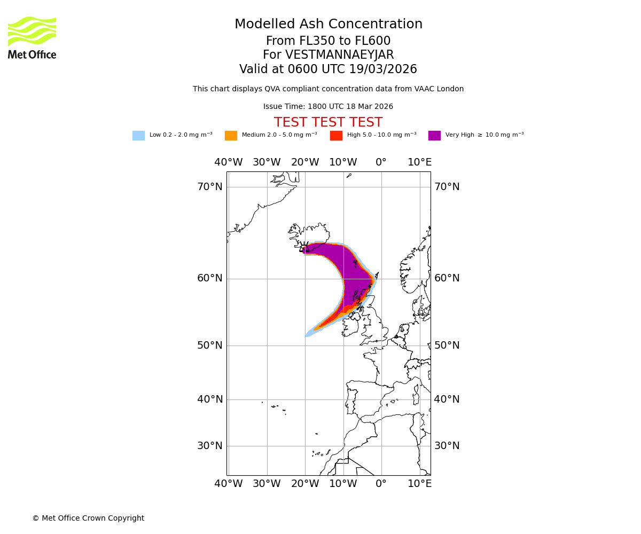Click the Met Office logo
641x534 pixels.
[32, 37]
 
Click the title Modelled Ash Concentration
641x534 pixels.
[329, 25]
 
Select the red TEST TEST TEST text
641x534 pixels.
[328, 123]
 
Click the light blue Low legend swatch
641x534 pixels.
[138, 136]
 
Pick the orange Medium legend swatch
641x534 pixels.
[231, 136]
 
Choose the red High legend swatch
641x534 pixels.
[336, 136]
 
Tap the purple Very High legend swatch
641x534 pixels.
[434, 136]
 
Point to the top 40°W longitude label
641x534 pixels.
[228, 162]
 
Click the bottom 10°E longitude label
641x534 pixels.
[419, 484]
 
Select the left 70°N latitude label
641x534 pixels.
[210, 187]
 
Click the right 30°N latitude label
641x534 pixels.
[447, 446]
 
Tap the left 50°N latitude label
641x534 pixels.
[210, 345]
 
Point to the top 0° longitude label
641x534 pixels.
[381, 162]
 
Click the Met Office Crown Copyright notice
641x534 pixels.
[88, 519]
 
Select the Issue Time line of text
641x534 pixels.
[328, 107]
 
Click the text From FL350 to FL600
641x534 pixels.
[328, 41]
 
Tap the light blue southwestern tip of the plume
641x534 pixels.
[308, 335]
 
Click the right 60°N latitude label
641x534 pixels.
[447, 278]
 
